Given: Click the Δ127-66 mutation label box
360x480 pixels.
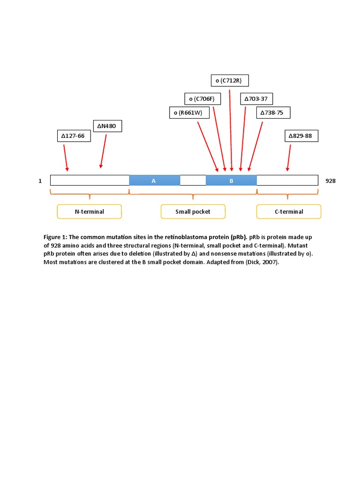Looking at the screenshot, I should click(73, 136).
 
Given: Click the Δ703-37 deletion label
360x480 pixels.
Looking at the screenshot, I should click(257, 99).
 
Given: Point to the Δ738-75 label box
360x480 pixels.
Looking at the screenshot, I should click(273, 112).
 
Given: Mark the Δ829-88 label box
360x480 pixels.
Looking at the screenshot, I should click(301, 136).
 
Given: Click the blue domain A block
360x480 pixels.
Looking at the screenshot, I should click(154, 180).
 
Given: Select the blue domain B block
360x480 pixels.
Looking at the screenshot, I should click(231, 180).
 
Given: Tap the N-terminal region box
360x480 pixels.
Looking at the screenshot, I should click(89, 211).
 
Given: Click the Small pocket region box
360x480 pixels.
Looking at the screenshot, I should click(193, 211).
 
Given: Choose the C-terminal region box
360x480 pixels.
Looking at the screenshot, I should click(289, 211).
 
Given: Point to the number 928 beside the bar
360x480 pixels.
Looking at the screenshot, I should click(330, 180).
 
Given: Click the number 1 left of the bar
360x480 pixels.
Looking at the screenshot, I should click(40, 180).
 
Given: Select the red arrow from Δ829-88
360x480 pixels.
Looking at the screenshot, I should click(289, 157).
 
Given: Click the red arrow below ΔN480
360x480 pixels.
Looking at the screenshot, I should click(103, 150).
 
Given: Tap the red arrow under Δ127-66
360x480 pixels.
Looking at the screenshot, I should click(66, 158).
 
